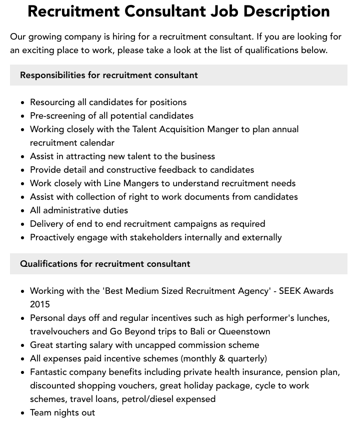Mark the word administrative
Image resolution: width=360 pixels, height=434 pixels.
click(x=72, y=210)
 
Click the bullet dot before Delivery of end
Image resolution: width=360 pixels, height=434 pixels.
click(x=23, y=224)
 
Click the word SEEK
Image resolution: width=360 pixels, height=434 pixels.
click(x=294, y=291)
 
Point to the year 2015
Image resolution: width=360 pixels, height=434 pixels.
click(x=40, y=304)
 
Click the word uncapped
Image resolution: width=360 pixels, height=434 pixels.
click(x=168, y=345)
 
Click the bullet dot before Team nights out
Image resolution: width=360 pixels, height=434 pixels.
click(x=23, y=413)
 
